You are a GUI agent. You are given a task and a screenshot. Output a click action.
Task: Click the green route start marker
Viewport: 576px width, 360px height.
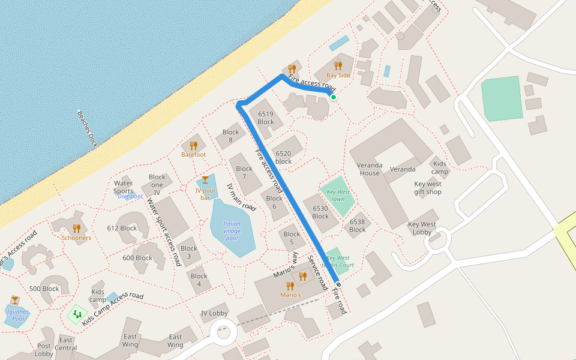(x=334, y=97)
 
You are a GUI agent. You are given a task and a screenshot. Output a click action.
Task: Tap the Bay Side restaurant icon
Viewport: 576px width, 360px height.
(x=338, y=66)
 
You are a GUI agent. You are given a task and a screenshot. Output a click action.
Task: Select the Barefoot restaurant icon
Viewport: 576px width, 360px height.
(x=193, y=145)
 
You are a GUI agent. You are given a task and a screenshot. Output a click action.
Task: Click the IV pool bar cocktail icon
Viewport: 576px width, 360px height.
(x=205, y=180)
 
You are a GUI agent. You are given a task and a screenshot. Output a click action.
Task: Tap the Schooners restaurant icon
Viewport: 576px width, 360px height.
(x=76, y=228)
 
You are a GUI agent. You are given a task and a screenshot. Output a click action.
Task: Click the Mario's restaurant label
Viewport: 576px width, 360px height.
(x=290, y=295)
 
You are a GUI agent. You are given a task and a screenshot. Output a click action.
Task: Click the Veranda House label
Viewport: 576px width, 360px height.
(x=370, y=169)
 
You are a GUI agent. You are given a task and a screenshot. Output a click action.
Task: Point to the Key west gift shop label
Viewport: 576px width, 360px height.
(x=428, y=188)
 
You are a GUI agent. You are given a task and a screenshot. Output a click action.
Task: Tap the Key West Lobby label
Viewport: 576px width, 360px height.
(x=422, y=229)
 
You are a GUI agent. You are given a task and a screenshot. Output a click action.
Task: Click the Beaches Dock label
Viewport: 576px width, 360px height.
(x=87, y=130)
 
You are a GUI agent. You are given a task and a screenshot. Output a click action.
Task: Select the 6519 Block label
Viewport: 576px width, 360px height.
(x=266, y=118)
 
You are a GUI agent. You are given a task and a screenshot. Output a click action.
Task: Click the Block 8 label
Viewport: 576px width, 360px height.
(x=231, y=136)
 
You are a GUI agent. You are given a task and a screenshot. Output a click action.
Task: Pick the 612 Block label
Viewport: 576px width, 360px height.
(x=122, y=228)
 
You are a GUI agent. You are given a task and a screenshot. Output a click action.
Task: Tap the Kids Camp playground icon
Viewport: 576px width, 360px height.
(x=77, y=313)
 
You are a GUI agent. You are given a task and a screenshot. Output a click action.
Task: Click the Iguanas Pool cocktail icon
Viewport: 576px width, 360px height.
(x=14, y=300)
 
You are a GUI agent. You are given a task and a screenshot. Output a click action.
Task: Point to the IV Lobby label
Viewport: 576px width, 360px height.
(x=214, y=313)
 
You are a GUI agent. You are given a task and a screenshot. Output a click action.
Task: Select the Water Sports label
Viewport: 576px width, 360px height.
(x=123, y=187)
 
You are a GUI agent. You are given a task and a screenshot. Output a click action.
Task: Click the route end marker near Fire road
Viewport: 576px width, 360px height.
(x=339, y=284)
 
